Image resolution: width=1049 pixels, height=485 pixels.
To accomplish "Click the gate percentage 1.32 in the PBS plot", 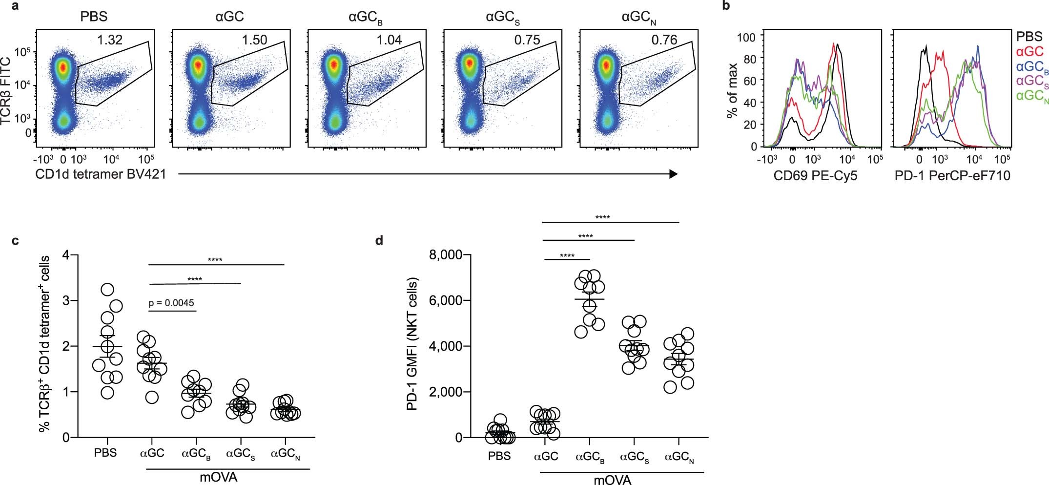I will (x=109, y=40).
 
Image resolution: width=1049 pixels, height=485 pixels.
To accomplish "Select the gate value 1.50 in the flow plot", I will (x=254, y=40).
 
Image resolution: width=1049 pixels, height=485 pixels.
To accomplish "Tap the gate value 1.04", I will (x=389, y=40).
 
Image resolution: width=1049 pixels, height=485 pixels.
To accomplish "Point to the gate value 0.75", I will (x=527, y=40).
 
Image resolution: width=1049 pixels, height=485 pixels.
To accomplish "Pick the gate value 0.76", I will (x=664, y=40).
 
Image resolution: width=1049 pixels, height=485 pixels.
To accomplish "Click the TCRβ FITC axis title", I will (x=6, y=90).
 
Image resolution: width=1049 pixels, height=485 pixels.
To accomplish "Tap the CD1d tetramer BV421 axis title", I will (x=101, y=174).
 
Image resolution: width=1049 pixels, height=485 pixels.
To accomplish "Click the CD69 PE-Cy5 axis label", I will (x=815, y=176).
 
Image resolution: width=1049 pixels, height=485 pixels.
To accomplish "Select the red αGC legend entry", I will (x=1029, y=51).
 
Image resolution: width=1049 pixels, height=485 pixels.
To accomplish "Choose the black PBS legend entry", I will (x=1029, y=37).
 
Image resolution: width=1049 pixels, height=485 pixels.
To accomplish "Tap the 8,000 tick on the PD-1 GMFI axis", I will (x=445, y=255).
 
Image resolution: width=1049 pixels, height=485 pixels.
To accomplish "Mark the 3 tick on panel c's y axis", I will (x=66, y=300).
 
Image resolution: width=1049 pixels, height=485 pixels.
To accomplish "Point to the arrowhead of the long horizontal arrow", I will (x=674, y=174).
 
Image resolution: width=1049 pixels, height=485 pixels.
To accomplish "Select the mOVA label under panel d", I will (x=612, y=480).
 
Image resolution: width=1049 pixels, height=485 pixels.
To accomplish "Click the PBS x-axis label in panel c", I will (x=105, y=453).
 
